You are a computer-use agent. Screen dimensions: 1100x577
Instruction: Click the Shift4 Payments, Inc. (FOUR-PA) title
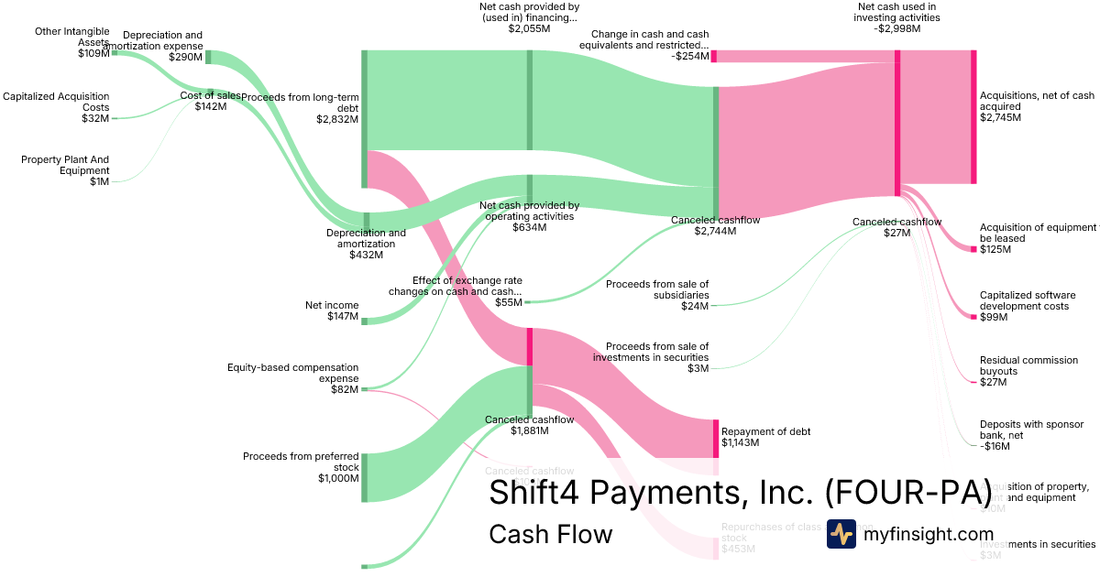(x=740, y=492)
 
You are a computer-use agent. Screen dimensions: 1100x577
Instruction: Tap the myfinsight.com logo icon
(x=841, y=534)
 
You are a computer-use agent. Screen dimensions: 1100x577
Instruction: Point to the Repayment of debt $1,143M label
(x=766, y=437)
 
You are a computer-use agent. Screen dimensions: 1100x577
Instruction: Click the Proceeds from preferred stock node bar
(x=364, y=477)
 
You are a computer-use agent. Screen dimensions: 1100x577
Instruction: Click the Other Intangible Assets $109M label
(x=72, y=42)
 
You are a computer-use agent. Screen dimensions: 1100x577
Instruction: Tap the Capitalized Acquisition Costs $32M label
(x=56, y=107)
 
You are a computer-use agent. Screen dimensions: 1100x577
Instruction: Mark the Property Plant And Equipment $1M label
(x=65, y=170)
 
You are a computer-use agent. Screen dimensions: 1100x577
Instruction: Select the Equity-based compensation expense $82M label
(x=292, y=378)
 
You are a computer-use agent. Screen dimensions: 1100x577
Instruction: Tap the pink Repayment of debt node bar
(x=716, y=438)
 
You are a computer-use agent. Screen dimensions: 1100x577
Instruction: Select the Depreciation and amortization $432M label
(x=366, y=244)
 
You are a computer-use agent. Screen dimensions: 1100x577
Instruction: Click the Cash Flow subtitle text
(x=550, y=534)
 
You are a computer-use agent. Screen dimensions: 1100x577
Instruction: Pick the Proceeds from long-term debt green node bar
(x=364, y=119)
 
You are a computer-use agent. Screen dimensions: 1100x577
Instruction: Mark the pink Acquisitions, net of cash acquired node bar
(x=973, y=117)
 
